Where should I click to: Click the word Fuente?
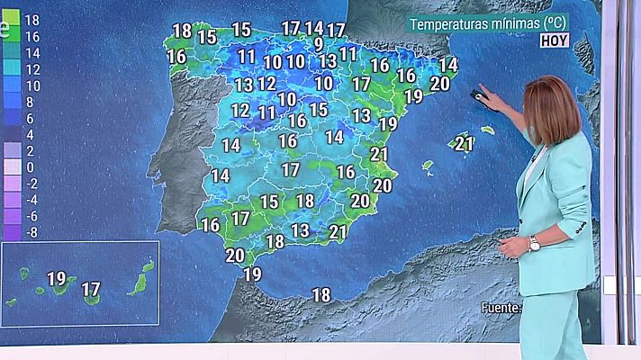tap(501, 308)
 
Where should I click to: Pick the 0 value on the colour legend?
tap(31, 166)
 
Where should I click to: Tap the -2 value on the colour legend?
tap(31, 184)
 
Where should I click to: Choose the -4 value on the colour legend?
tap(31, 200)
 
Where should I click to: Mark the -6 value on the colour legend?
tap(31, 216)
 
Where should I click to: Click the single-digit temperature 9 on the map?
tap(319, 43)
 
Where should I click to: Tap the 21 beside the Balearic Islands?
tap(465, 142)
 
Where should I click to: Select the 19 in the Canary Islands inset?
tap(56, 278)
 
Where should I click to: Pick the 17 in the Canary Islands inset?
tap(91, 289)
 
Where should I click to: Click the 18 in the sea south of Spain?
tap(320, 294)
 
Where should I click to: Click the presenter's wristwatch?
tap(534, 243)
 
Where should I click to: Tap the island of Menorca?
tap(488, 130)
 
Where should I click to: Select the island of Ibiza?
tap(428, 167)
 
